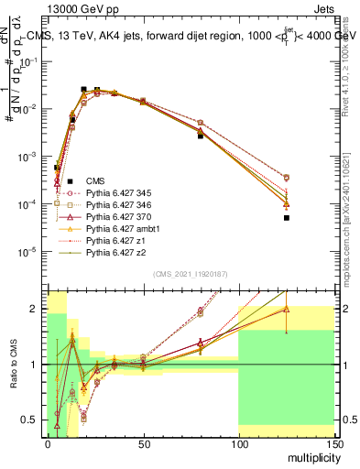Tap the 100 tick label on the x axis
(238, 443)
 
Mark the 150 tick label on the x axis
(333, 443)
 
